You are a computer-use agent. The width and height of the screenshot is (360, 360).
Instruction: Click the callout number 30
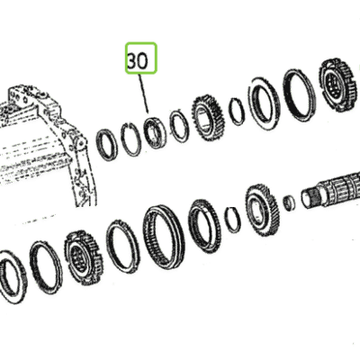click(x=138, y=61)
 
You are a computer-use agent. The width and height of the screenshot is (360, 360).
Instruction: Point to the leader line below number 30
click(x=143, y=94)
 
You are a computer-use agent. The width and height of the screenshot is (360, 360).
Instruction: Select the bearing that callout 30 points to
click(x=154, y=132)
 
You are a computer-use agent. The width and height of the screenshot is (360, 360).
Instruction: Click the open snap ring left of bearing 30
click(x=132, y=139)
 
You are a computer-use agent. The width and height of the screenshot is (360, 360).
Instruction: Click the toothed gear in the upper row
click(x=209, y=118)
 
